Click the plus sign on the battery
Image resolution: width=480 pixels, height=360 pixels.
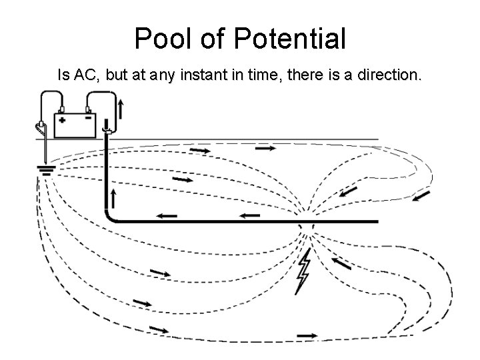pos(62,121)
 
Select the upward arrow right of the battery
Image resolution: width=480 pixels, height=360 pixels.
pos(121,108)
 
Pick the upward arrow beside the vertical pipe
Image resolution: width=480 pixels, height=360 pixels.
pos(115,197)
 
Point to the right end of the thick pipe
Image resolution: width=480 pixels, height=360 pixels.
pos(376,221)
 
